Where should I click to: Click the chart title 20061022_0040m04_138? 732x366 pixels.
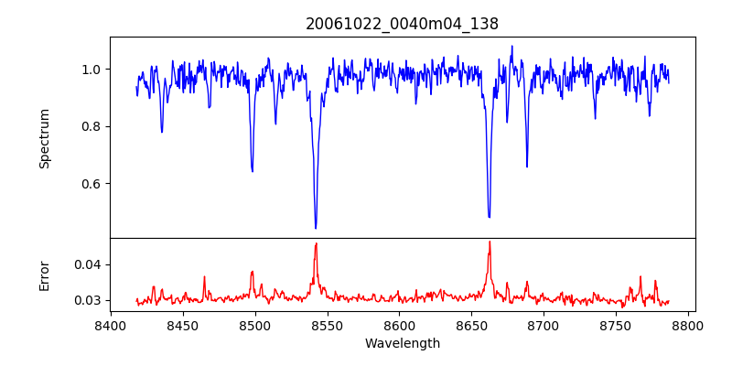coord(402,24)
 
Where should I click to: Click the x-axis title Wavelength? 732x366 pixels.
coord(402,344)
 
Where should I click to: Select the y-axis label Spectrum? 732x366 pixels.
coord(44,138)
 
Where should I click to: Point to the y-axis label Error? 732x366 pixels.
coord(44,275)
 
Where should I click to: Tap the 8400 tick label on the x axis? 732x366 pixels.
coord(110,326)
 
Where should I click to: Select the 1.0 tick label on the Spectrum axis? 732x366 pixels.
coord(91,70)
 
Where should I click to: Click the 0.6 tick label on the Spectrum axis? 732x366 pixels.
coord(91,184)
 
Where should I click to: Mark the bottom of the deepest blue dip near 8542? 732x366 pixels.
coord(316,228)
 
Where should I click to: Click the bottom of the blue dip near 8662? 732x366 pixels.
coord(490,217)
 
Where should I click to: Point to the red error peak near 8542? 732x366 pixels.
coord(316,243)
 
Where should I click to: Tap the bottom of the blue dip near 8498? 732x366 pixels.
coord(253,171)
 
